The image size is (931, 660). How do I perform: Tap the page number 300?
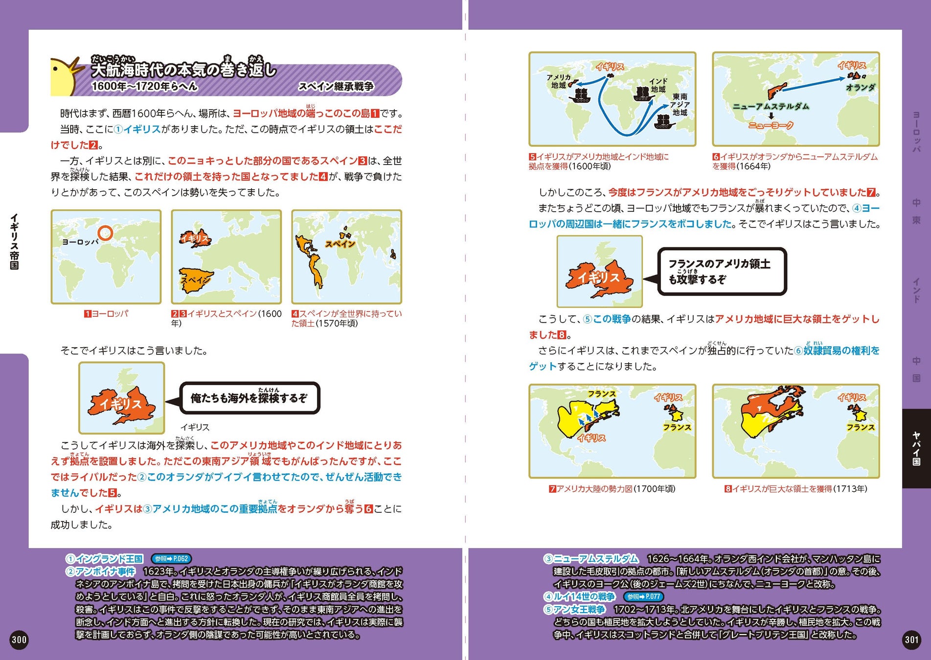point(19,639)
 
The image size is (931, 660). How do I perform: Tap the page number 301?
point(911,639)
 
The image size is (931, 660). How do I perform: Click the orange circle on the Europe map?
point(105,233)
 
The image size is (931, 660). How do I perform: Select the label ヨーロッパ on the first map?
point(80,242)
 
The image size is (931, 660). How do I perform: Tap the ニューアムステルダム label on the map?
point(771,107)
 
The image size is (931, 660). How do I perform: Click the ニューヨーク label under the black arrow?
point(771,126)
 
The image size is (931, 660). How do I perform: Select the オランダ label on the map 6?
point(861,88)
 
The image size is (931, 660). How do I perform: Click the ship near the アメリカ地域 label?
point(580,95)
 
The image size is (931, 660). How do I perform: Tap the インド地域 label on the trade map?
point(658,85)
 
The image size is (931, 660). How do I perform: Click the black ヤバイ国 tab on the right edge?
point(916,448)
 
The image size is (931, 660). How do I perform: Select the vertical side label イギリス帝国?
point(14,242)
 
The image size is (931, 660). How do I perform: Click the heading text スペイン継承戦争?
point(336,87)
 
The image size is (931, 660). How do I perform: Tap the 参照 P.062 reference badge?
point(171,559)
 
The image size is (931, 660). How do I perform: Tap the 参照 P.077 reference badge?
point(644,596)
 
